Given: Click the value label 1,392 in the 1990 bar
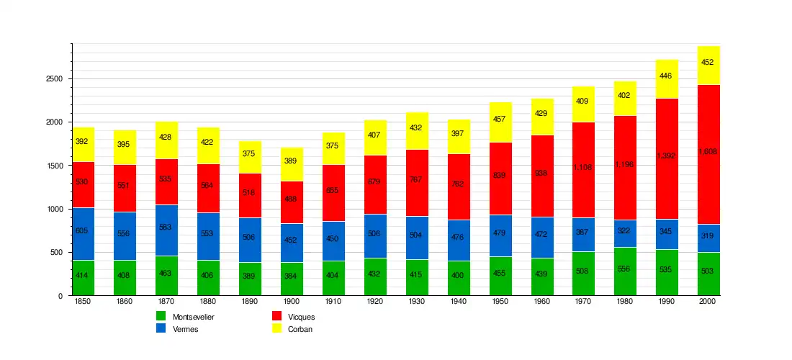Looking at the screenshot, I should (x=666, y=156).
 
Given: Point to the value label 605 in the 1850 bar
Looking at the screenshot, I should (x=81, y=230).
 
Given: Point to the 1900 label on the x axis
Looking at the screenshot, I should (x=291, y=301).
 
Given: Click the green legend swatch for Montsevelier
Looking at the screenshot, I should (x=161, y=316).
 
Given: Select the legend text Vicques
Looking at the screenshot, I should (x=301, y=317).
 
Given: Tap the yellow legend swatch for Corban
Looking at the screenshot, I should (x=276, y=328).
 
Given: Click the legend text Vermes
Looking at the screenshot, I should (x=186, y=329).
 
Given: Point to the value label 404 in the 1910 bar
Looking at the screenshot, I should (x=333, y=276).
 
